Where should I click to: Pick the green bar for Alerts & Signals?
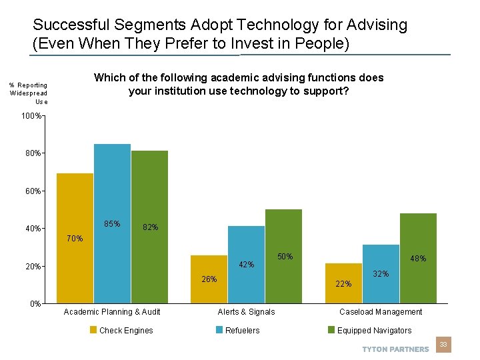point(283,256)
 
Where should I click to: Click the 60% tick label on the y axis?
point(32,191)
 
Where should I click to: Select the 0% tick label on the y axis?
point(35,304)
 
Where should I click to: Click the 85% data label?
point(112,224)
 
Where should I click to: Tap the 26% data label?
point(209,279)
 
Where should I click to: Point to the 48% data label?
point(418,259)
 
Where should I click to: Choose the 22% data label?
point(343,284)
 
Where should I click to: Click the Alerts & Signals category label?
point(246,312)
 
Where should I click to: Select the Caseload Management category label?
point(381,312)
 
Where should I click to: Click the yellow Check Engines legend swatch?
point(94,330)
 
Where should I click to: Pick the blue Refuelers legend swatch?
point(220,330)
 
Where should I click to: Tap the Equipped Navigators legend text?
point(374,331)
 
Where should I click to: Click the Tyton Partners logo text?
point(395,349)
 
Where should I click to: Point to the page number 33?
point(443,345)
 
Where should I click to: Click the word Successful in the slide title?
point(63,25)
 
